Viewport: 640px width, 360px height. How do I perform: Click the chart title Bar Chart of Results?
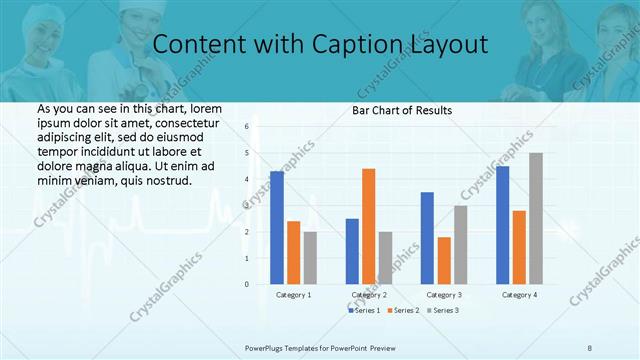click(401, 110)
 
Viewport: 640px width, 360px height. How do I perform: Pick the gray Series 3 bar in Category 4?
click(536, 218)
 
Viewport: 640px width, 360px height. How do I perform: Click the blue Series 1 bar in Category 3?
click(427, 238)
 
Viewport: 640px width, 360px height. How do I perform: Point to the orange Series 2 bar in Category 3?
click(444, 260)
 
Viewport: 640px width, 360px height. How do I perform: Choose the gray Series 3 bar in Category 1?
click(310, 258)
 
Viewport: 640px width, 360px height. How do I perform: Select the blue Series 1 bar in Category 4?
click(502, 225)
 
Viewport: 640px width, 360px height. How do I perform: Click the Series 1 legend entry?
click(364, 311)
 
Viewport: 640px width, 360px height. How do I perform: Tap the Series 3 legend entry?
click(443, 311)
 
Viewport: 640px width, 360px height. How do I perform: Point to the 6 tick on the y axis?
click(246, 127)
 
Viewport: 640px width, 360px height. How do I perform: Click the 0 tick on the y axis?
click(246, 284)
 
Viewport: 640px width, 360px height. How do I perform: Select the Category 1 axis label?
click(293, 295)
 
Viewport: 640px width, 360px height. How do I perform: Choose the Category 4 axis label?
click(519, 295)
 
